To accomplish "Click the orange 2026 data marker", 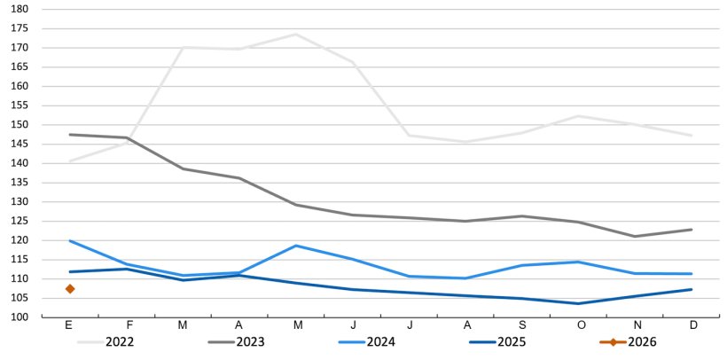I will coord(69,289).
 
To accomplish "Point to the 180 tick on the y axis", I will coord(20,9).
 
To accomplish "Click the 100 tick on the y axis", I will coord(20,317).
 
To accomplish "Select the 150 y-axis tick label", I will coord(20,125).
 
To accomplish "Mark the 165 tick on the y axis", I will coord(20,67).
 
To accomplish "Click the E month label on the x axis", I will coord(69,325).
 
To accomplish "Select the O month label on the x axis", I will coord(580,325).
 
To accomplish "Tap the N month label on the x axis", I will coord(637,325).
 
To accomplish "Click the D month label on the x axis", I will coord(693,325).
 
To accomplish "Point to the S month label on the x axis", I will coord(523,325).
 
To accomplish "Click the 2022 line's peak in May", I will coord(296,35).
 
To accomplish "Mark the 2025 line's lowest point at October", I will coord(580,303).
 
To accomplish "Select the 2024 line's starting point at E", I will coord(69,240).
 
